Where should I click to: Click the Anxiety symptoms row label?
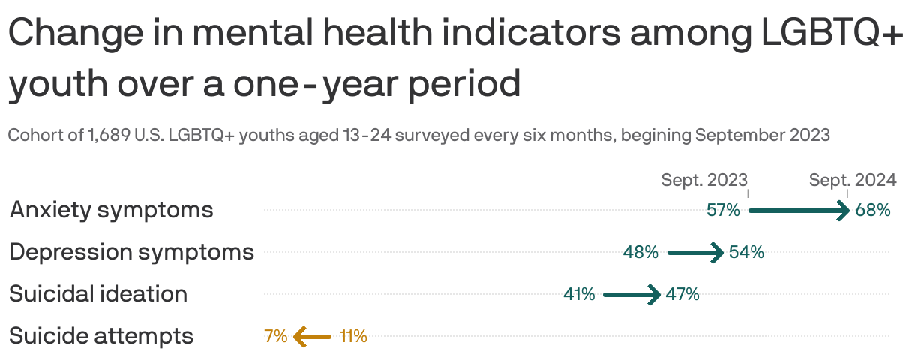[x=111, y=210]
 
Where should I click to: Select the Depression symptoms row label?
[x=131, y=252]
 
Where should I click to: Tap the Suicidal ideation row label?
[x=98, y=294]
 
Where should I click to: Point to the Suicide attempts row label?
[x=101, y=336]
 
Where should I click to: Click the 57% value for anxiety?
[x=723, y=210]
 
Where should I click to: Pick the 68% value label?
[x=873, y=210]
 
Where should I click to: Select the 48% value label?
[x=640, y=252]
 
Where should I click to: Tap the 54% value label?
[x=746, y=252]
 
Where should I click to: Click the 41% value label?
[x=579, y=294]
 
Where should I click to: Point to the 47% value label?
[x=682, y=294]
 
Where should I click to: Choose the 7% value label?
[x=275, y=336]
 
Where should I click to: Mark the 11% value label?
[x=353, y=336]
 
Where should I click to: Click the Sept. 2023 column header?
[x=704, y=180]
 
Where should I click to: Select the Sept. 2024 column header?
[x=853, y=180]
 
